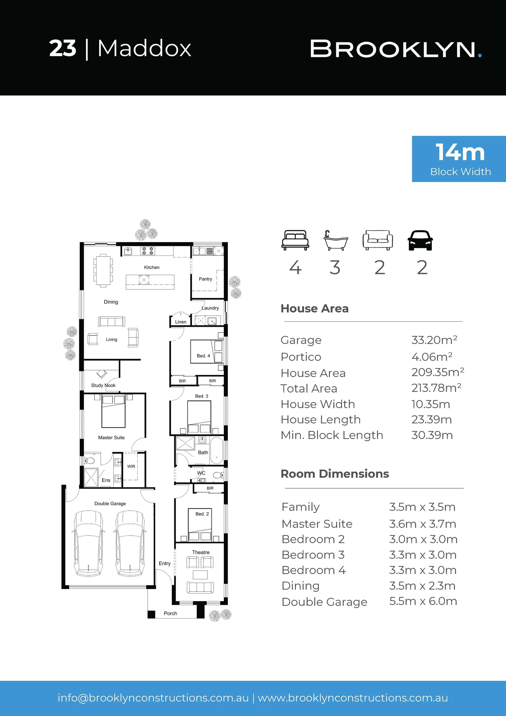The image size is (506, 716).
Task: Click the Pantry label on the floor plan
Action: point(205,279)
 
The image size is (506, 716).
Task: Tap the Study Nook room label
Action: point(103,385)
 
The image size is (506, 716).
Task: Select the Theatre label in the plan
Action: point(201,552)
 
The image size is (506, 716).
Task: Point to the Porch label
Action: point(170,613)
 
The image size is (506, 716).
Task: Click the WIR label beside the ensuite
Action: point(131,466)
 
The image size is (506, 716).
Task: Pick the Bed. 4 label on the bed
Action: point(203,356)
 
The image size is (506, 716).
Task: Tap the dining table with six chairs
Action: point(103,270)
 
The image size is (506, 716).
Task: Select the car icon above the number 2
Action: point(420,240)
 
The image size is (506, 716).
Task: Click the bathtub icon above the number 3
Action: point(335,240)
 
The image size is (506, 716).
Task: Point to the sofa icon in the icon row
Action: point(377,240)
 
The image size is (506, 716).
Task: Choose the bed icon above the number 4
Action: point(295,240)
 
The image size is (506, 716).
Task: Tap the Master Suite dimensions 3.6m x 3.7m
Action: point(422,524)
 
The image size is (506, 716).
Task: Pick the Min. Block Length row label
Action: point(332,435)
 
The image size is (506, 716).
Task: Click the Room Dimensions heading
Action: point(335,474)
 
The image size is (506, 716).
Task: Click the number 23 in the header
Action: point(63,48)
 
